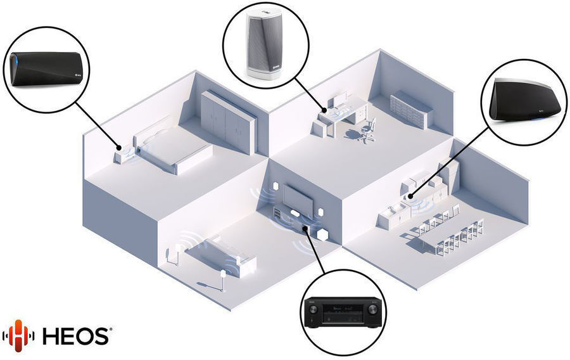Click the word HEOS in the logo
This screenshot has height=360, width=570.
click(x=76, y=335)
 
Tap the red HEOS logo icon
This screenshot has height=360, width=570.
click(x=18, y=336)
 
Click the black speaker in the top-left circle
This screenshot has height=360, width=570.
click(x=46, y=68)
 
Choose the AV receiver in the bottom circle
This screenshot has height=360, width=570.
click(x=343, y=312)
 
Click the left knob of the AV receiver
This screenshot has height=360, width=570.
click(x=313, y=310)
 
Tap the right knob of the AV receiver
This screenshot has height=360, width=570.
click(x=372, y=310)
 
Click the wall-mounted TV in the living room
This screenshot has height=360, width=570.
click(x=298, y=198)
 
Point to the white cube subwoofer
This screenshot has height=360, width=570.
click(x=322, y=235)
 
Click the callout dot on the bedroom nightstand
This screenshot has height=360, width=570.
click(x=119, y=148)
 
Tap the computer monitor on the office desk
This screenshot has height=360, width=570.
click(x=341, y=98)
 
